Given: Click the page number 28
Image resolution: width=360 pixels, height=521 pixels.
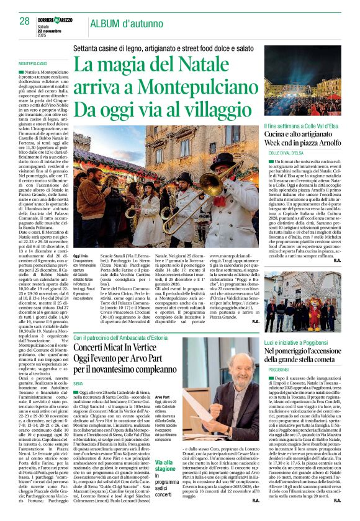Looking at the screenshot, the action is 24,21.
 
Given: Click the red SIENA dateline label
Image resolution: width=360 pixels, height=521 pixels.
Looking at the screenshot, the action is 79,385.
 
